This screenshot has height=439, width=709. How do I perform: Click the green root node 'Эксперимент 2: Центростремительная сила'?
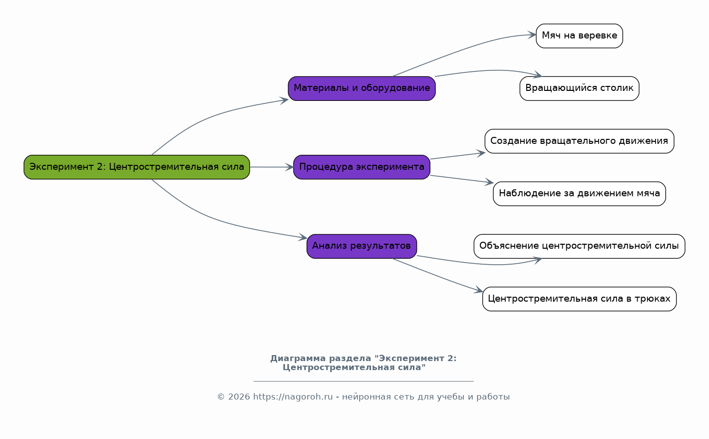(x=136, y=167)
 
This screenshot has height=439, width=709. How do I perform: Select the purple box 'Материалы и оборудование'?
(x=361, y=88)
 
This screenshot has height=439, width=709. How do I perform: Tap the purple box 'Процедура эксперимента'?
(x=361, y=167)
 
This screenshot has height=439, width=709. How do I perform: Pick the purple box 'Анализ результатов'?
(x=361, y=246)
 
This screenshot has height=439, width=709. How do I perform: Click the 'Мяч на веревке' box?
(x=579, y=36)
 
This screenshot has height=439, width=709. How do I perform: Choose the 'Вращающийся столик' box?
(x=579, y=88)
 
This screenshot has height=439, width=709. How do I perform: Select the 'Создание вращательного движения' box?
(x=579, y=141)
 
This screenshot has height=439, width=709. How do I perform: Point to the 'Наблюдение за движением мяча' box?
(x=579, y=193)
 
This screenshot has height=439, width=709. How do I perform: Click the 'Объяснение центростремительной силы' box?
(x=579, y=246)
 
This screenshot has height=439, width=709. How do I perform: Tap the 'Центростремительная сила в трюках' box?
(x=579, y=299)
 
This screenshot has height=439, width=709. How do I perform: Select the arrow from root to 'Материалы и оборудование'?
(x=210, y=116)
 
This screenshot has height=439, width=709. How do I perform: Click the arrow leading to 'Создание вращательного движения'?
(x=457, y=156)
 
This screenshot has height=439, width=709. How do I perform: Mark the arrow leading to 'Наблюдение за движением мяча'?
(x=462, y=179)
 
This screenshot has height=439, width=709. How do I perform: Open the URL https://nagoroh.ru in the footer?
(x=293, y=397)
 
